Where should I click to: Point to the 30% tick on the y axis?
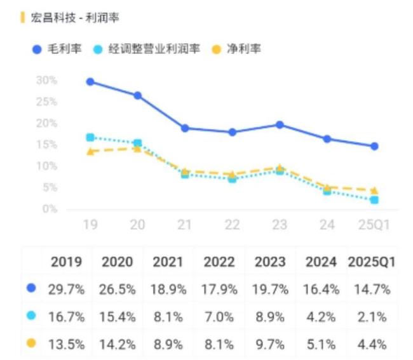pyautogui.click(x=46, y=81)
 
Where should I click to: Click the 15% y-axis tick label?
pyautogui.click(x=46, y=145)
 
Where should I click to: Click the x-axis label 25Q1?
pyautogui.click(x=374, y=225)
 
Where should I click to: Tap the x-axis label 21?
pyautogui.click(x=185, y=225)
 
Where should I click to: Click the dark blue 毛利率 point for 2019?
pyautogui.click(x=90, y=82)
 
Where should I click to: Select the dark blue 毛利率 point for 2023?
pyautogui.click(x=280, y=125)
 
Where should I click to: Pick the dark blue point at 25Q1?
pyautogui.click(x=374, y=147)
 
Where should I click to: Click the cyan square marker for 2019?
pyautogui.click(x=90, y=137)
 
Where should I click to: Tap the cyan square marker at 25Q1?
pyautogui.click(x=374, y=200)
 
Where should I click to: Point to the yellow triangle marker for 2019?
pyautogui.click(x=90, y=151)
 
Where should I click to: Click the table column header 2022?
pyautogui.click(x=219, y=262)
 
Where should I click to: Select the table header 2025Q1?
pyautogui.click(x=372, y=262)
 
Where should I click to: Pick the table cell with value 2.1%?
pyautogui.click(x=372, y=317)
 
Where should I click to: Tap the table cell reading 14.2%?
pyautogui.click(x=117, y=345)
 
